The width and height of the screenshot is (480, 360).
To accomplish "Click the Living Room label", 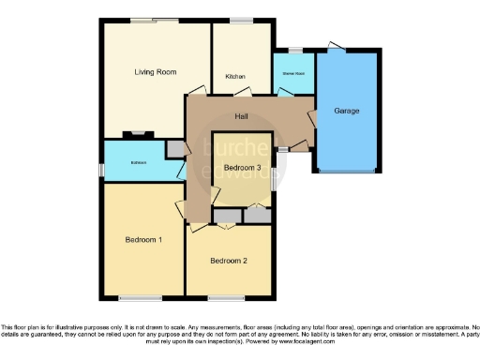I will tap(155, 72).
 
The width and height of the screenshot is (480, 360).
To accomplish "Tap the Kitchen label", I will tap(234, 76).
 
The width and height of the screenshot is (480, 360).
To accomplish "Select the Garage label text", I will tap(346, 111).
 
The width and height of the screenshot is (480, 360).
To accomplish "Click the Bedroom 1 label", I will tap(143, 240).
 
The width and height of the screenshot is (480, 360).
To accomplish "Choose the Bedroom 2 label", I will tap(228, 260).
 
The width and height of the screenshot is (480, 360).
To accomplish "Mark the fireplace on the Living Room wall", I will tap(137, 135).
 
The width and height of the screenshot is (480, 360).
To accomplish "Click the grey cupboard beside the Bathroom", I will tap(175, 148).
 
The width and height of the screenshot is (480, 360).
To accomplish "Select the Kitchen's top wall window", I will tap(241, 21).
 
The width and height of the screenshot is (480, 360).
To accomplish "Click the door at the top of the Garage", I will tap(337, 47).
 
